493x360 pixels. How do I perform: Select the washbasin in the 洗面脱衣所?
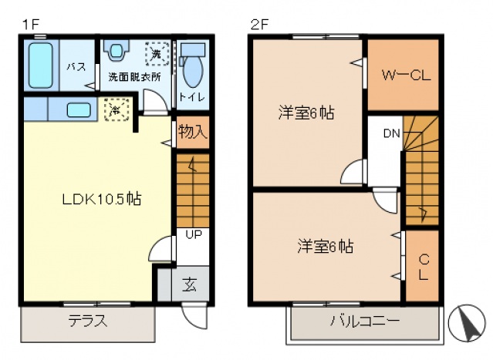pos(116,52)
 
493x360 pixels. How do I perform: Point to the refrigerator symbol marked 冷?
pos(113,110)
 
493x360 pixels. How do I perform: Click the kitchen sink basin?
pos(79,109)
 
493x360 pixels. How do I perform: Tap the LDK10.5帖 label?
pos(101,198)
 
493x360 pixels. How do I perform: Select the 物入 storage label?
pos(192,131)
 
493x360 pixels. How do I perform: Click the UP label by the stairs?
pos(192,234)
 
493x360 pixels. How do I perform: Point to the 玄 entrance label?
pos(190,283)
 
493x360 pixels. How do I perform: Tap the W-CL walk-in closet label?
pos(401,75)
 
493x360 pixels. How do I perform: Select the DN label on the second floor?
pos(391,133)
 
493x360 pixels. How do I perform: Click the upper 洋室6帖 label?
pos(306,113)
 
